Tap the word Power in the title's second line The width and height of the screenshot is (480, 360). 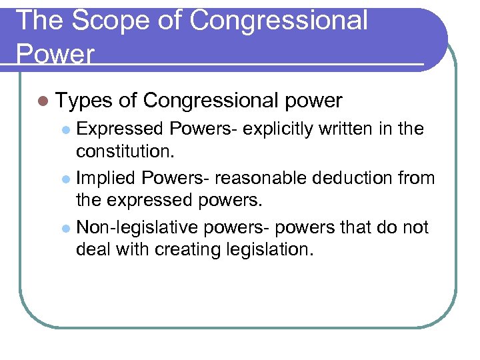[55, 53]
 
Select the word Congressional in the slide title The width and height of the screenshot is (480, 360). [278, 21]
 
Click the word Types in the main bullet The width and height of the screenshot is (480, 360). [83, 101]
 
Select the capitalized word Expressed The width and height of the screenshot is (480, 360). [121, 129]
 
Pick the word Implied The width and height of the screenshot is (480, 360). [106, 178]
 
